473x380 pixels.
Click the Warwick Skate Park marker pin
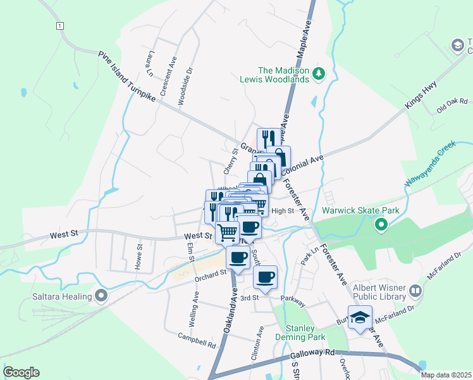381,224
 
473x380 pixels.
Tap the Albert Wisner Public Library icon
415,291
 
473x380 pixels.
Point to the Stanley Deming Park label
300,332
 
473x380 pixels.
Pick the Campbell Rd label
197,340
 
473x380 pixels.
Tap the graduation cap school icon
360,317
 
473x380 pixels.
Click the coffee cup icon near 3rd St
265,277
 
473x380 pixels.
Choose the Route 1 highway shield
59,25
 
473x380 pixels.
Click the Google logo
21,372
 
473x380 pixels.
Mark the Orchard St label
211,274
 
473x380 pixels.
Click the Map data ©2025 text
445,375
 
